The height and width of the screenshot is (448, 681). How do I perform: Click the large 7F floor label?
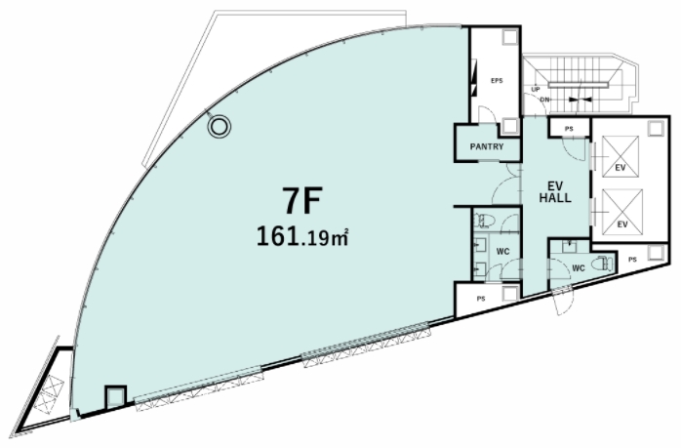302,200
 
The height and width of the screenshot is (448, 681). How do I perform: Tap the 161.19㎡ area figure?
302,237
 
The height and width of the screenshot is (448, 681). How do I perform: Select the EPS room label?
497,80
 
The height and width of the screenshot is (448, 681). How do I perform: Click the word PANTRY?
487,146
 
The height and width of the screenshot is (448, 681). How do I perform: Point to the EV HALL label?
555,192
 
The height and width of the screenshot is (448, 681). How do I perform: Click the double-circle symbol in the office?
219,127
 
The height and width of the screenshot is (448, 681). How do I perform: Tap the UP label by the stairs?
536,89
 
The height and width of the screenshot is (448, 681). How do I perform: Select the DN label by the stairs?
544,100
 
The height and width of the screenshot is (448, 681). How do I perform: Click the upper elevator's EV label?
621,167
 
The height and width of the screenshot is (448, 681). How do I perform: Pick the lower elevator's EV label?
622,224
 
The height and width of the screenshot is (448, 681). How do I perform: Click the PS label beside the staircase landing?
569,129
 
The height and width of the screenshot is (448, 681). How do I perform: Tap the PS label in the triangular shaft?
632,260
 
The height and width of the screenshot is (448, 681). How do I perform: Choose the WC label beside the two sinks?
502,252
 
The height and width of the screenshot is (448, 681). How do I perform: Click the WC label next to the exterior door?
579,268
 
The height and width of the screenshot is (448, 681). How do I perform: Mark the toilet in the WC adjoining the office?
482,221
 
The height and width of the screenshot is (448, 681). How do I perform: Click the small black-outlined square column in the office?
115,396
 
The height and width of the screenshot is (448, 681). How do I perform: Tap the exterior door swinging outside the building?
564,301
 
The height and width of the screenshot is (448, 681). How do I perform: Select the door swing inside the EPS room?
487,114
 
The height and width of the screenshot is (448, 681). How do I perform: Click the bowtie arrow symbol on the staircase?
580,100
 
